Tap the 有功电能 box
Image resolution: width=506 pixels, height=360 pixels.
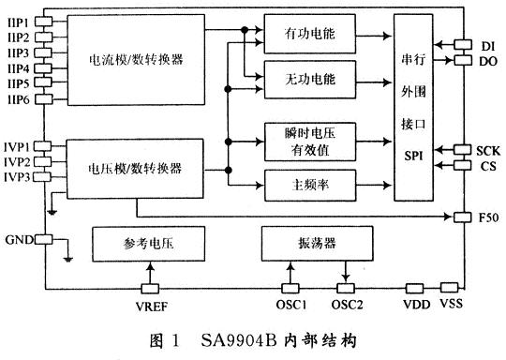click(308, 35)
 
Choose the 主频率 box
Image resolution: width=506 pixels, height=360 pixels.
click(308, 184)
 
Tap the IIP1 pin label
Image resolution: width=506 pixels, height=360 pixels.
click(18, 20)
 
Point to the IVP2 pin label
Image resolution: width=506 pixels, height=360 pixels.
click(19, 161)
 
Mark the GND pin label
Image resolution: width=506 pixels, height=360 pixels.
click(18, 239)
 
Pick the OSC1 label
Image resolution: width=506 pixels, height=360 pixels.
click(292, 305)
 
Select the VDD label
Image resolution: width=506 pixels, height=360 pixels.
click(415, 305)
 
